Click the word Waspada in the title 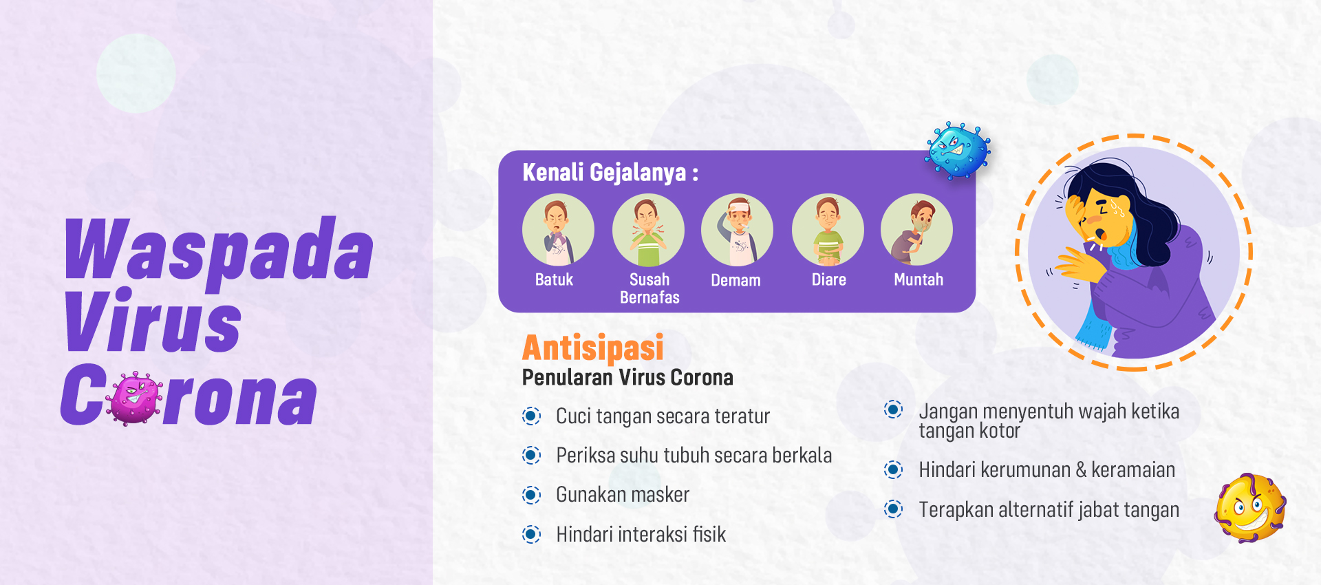click(219, 249)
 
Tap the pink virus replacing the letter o click(136, 398)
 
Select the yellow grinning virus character click(1250, 508)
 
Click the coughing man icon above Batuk click(558, 230)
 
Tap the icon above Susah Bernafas click(648, 230)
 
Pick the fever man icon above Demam click(737, 230)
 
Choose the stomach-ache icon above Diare click(828, 230)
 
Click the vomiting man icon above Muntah click(916, 230)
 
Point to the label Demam click(735, 280)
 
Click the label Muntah click(919, 279)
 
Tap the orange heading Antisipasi click(593, 348)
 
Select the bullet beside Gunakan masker click(531, 495)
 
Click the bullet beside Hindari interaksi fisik click(531, 534)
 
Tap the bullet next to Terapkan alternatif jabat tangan click(893, 509)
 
